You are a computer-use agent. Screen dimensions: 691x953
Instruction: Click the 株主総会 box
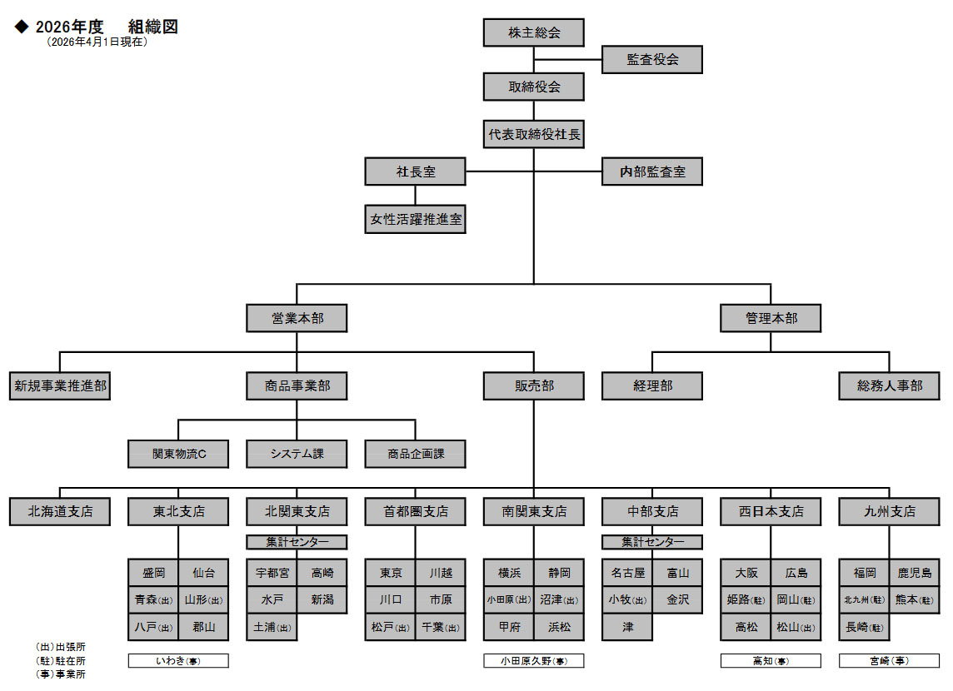tap(534, 33)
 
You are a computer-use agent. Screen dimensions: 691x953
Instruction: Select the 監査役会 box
tap(652, 60)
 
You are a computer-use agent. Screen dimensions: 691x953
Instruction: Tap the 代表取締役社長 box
tap(534, 134)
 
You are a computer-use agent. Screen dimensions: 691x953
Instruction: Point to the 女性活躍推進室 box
tap(416, 221)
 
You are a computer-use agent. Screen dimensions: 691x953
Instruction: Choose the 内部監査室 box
tap(652, 172)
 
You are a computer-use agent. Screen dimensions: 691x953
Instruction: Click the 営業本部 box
tap(297, 318)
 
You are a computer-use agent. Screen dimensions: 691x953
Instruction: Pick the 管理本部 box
tap(771, 318)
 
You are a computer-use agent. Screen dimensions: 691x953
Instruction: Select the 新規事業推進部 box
tap(60, 386)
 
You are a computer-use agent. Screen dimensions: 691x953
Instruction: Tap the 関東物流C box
tap(178, 454)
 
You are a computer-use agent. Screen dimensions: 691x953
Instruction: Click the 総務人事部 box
tap(890, 386)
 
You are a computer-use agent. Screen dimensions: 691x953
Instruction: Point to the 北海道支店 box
tap(60, 511)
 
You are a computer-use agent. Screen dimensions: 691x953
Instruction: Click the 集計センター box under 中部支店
tap(652, 542)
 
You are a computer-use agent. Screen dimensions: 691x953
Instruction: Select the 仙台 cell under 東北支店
tap(203, 573)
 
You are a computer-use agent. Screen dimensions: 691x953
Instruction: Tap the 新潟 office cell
tap(322, 599)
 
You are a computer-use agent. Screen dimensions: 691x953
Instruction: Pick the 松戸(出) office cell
tap(390, 626)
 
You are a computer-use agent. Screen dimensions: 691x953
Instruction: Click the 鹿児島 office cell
tap(914, 573)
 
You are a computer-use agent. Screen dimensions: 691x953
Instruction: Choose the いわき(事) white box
tap(178, 661)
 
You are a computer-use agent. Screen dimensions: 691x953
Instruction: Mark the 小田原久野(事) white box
tap(534, 661)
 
